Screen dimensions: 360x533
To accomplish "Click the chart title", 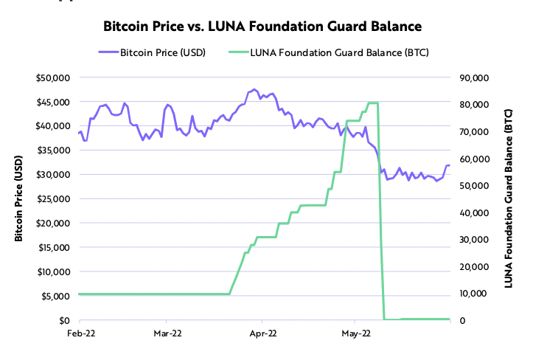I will (262, 27).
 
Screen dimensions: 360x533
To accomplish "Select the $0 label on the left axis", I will (63, 320).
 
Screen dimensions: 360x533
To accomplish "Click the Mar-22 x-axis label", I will (167, 333).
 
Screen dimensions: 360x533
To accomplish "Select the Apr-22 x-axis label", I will (262, 333).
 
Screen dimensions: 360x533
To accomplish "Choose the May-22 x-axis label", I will (355, 333).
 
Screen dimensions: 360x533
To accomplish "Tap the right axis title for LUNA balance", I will (509, 198).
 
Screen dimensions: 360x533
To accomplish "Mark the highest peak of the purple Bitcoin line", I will (254, 89).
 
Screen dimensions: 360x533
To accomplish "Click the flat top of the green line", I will (372, 103).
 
